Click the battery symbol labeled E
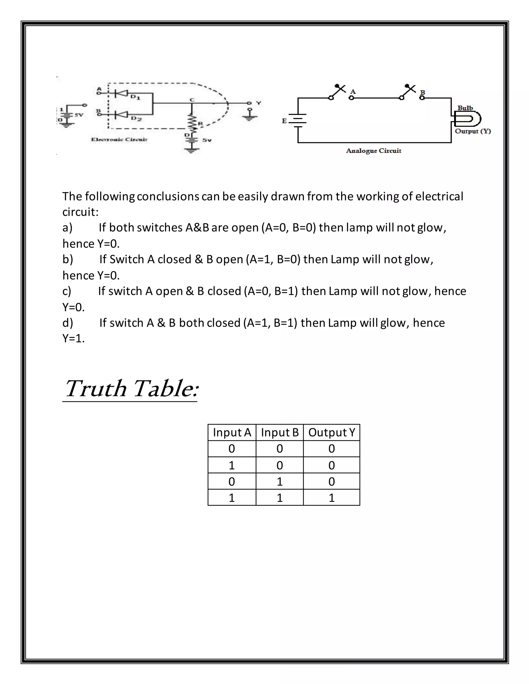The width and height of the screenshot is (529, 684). (297, 121)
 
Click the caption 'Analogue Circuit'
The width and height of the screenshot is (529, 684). (374, 151)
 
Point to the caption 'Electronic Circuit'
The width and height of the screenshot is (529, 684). (119, 139)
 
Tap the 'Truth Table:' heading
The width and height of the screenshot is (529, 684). (131, 389)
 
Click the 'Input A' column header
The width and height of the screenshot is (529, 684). (232, 433)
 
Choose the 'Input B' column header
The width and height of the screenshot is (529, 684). (279, 433)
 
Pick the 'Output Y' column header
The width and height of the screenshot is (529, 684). (332, 433)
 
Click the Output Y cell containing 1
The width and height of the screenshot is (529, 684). (332, 498)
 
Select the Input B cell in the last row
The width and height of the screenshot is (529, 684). (279, 498)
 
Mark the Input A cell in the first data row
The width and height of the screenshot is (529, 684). (232, 449)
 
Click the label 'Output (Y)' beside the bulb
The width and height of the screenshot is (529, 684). (473, 131)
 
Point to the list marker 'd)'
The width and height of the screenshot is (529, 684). (68, 323)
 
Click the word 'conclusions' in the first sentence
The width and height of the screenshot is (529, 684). (168, 196)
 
